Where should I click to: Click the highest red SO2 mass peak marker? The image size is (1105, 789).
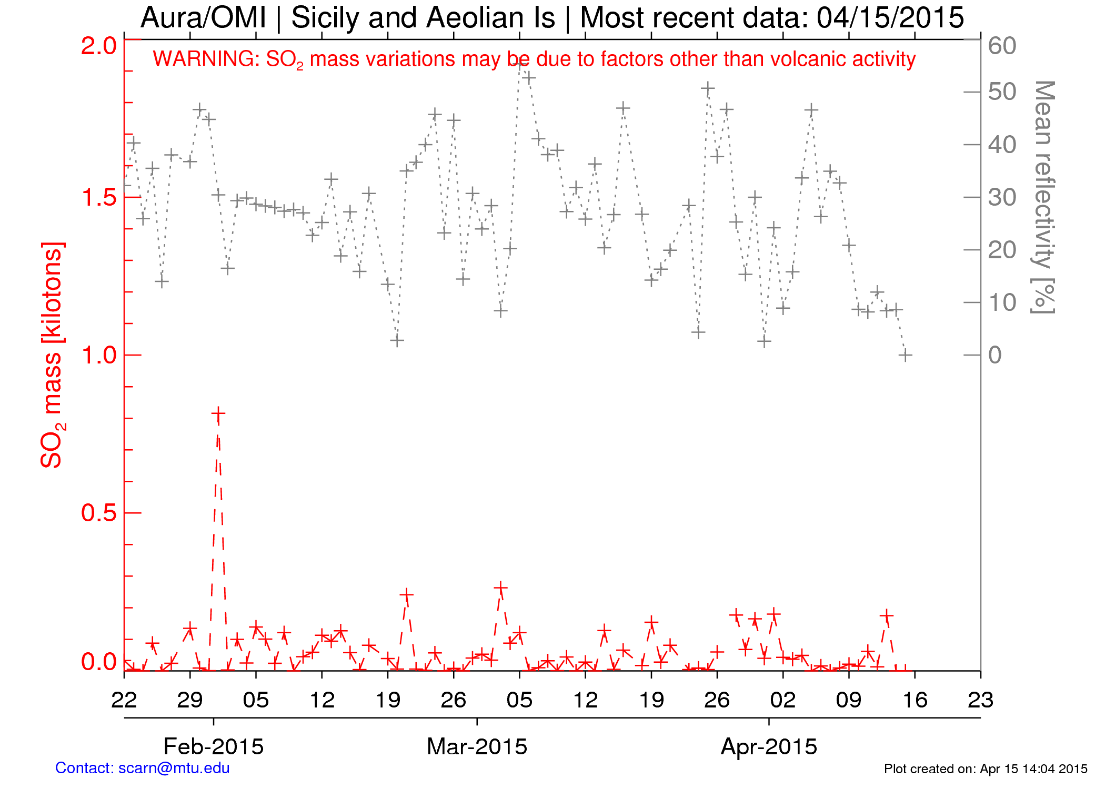pyautogui.click(x=218, y=414)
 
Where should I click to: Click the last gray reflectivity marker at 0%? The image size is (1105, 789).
pyautogui.click(x=905, y=355)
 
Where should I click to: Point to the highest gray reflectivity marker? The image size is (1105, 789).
pyautogui.click(x=520, y=64)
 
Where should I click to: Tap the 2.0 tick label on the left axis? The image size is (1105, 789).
pyautogui.click(x=99, y=46)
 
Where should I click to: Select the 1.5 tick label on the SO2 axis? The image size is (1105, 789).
pyautogui.click(x=99, y=197)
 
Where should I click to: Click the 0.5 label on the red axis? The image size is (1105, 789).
pyautogui.click(x=99, y=513)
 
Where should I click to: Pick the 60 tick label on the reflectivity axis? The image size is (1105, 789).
pyautogui.click(x=1002, y=46)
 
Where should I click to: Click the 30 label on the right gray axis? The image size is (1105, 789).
pyautogui.click(x=1002, y=197)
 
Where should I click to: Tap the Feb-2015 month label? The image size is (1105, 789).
pyautogui.click(x=214, y=746)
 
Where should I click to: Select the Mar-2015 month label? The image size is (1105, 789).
pyautogui.click(x=477, y=746)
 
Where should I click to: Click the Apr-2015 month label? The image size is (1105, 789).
pyautogui.click(x=769, y=746)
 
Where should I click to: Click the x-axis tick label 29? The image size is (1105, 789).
pyautogui.click(x=190, y=700)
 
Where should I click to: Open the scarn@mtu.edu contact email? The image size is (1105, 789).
pyautogui.click(x=174, y=768)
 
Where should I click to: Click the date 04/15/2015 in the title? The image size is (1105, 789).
pyautogui.click(x=890, y=18)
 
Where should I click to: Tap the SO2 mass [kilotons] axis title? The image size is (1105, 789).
pyautogui.click(x=53, y=355)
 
